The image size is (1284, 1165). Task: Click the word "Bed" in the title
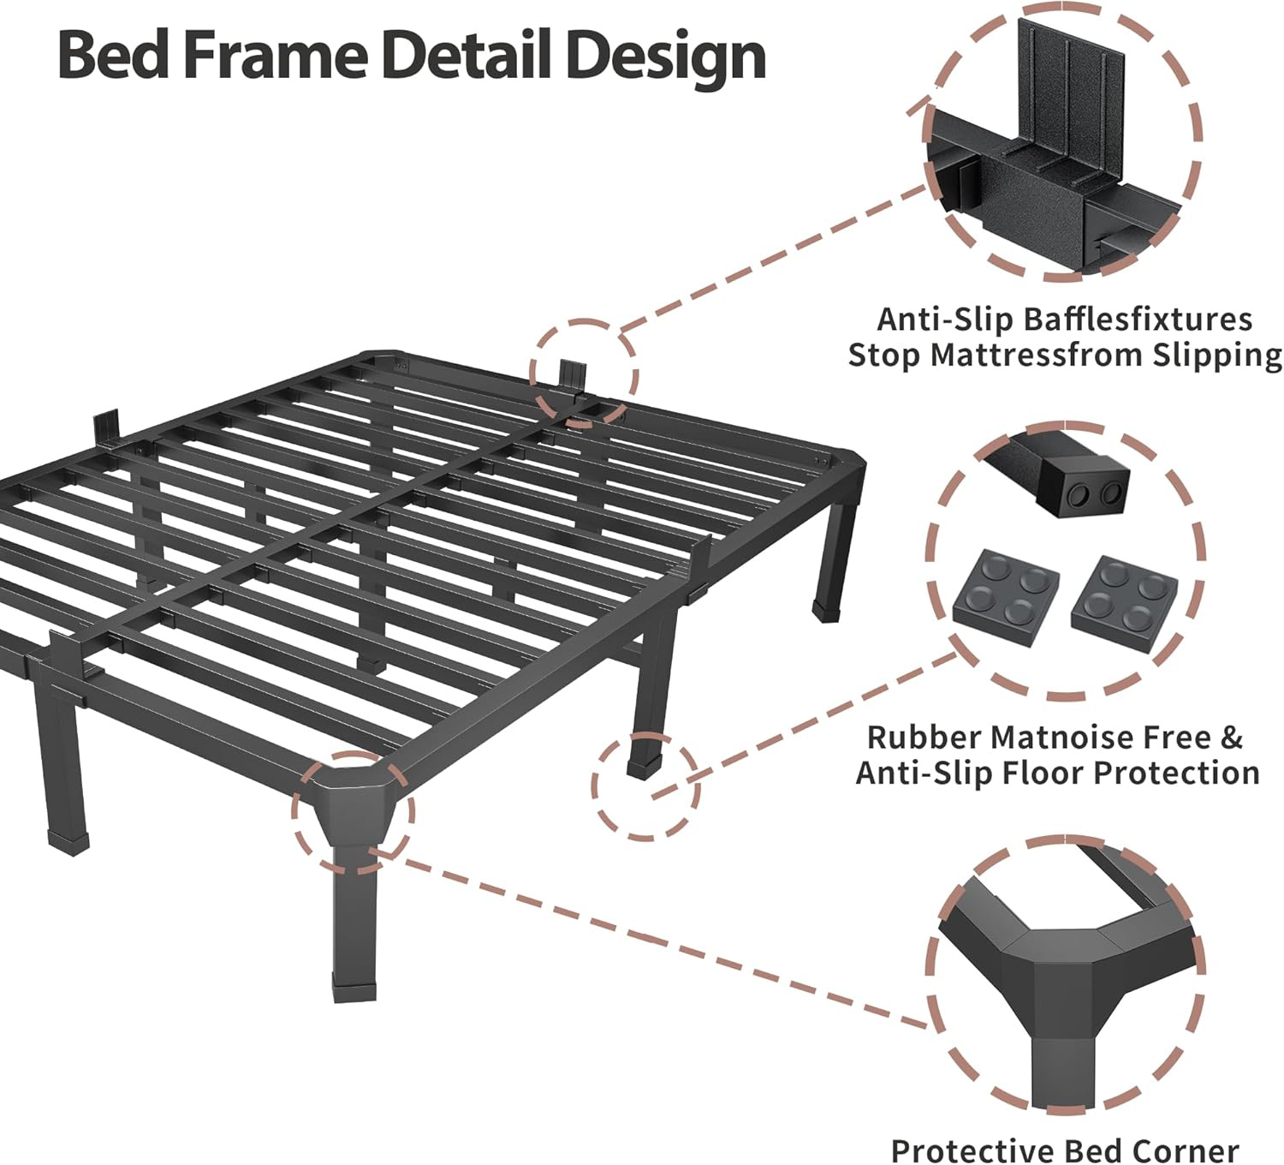114,56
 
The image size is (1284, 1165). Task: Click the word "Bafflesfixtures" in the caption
1138,320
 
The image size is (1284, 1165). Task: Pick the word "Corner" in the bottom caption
1181,1150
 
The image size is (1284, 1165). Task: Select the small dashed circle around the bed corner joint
353,812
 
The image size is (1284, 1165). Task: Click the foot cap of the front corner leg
354,989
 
